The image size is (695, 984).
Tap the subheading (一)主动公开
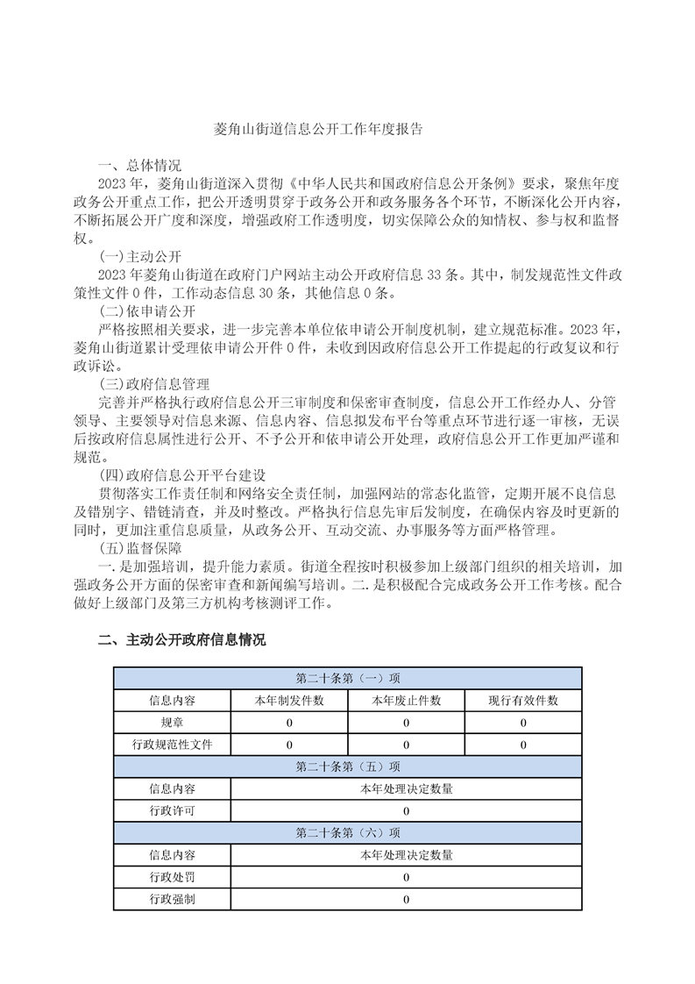pos(140,256)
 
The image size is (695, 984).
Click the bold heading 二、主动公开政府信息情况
pos(181,640)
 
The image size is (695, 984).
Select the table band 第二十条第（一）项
pos(348,678)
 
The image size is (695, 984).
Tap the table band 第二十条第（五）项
pos(348,767)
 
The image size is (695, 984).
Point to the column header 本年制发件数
pos(289,700)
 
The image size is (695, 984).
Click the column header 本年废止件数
pos(406,700)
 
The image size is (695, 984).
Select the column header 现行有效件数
pos(523,700)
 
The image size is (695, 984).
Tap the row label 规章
pos(172,723)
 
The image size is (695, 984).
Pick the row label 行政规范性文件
pos(172,745)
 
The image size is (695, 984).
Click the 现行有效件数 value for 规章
pos(523,723)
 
